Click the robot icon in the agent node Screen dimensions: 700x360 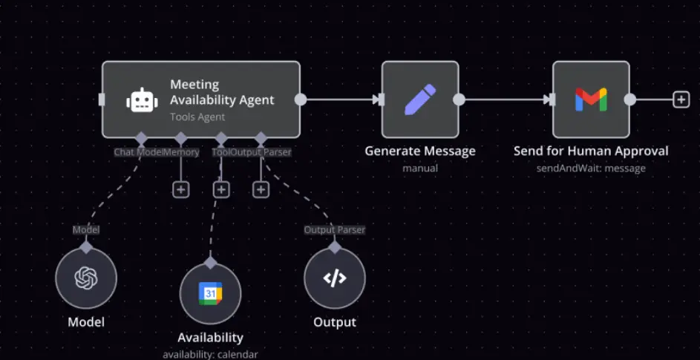142,99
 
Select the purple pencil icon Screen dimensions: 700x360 420,99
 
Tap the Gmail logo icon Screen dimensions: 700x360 591,99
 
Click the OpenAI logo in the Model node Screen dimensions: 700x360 86,278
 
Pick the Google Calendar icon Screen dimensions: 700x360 210,293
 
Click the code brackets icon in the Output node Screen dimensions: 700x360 335,278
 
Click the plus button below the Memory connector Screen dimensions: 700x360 181,190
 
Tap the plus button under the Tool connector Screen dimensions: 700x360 221,190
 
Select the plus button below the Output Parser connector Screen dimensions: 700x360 261,190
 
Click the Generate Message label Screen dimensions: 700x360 420,151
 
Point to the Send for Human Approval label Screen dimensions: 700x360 591,151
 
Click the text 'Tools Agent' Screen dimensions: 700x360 197,117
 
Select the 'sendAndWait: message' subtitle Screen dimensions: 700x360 591,168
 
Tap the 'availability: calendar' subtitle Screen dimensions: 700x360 210,355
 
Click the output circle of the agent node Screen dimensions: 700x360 301,99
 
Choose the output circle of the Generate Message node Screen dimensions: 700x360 459,99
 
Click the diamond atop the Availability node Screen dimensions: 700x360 210,263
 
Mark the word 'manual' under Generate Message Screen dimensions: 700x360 420,168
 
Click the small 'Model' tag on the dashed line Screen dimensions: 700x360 86,229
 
